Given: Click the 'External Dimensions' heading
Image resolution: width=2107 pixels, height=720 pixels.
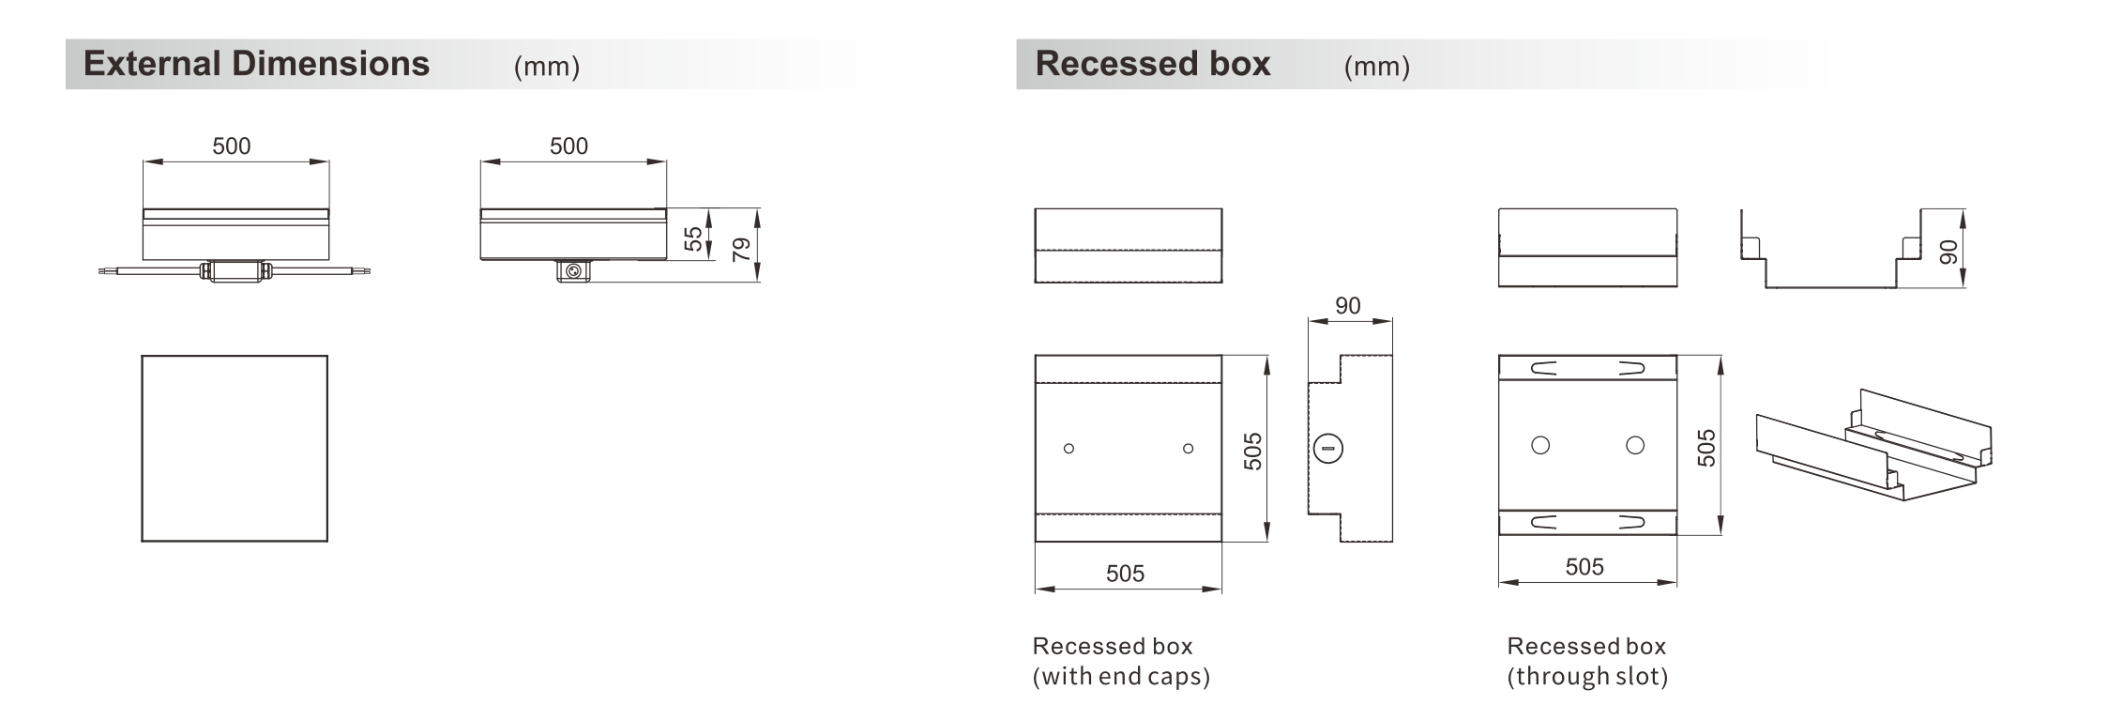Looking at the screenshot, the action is [256, 64].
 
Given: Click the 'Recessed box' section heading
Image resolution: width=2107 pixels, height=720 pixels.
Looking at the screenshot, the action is [1152, 64].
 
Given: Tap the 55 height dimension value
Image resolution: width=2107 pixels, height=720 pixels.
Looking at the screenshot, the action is [693, 238].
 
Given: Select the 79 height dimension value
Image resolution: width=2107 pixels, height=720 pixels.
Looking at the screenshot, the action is [741, 249].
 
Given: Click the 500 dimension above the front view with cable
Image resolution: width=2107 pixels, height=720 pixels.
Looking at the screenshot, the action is [231, 146].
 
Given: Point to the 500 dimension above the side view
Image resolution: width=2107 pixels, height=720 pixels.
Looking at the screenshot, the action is [568, 146].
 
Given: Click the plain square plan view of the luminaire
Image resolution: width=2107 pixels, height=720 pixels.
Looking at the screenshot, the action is [235, 448].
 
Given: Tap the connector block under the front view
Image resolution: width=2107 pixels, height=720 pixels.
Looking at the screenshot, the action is [235, 270].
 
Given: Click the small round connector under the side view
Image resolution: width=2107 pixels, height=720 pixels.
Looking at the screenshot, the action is [573, 271].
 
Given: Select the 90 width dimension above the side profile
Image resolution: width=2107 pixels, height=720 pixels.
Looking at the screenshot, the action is [1347, 306].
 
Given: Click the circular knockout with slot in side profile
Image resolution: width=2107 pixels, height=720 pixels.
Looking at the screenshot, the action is [1328, 449].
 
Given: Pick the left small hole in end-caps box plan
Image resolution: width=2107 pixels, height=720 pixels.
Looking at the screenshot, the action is [1069, 449].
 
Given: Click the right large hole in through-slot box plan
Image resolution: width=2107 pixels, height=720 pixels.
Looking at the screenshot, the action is [1635, 445].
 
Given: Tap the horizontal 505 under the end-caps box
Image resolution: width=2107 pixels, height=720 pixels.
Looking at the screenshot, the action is [1125, 574].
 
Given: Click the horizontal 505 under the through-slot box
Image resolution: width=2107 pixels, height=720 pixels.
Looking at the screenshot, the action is [1584, 567].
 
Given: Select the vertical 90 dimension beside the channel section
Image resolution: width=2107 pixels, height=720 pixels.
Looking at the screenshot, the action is [1948, 252].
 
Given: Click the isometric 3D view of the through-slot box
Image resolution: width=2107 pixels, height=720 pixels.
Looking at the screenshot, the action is [1873, 445].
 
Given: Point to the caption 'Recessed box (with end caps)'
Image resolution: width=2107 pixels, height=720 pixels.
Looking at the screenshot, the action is [1121, 661].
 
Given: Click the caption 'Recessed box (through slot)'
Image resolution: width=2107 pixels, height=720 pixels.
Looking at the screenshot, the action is [1587, 661].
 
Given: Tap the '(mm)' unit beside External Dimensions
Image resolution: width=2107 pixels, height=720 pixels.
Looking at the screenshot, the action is [547, 67].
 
